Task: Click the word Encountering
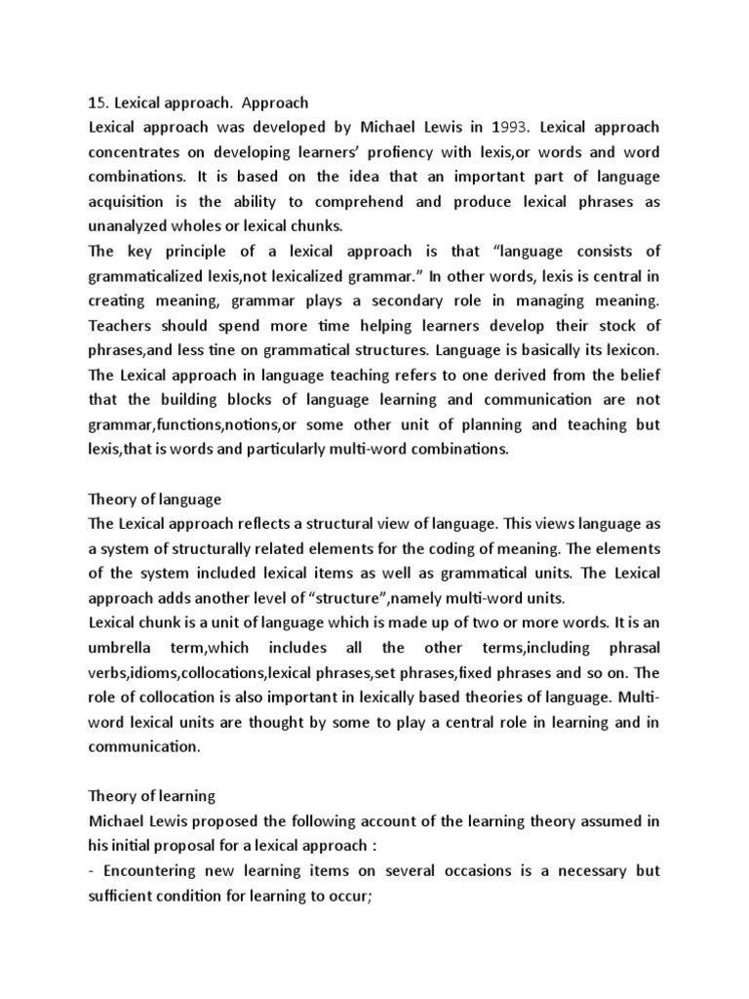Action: pos(149,846)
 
